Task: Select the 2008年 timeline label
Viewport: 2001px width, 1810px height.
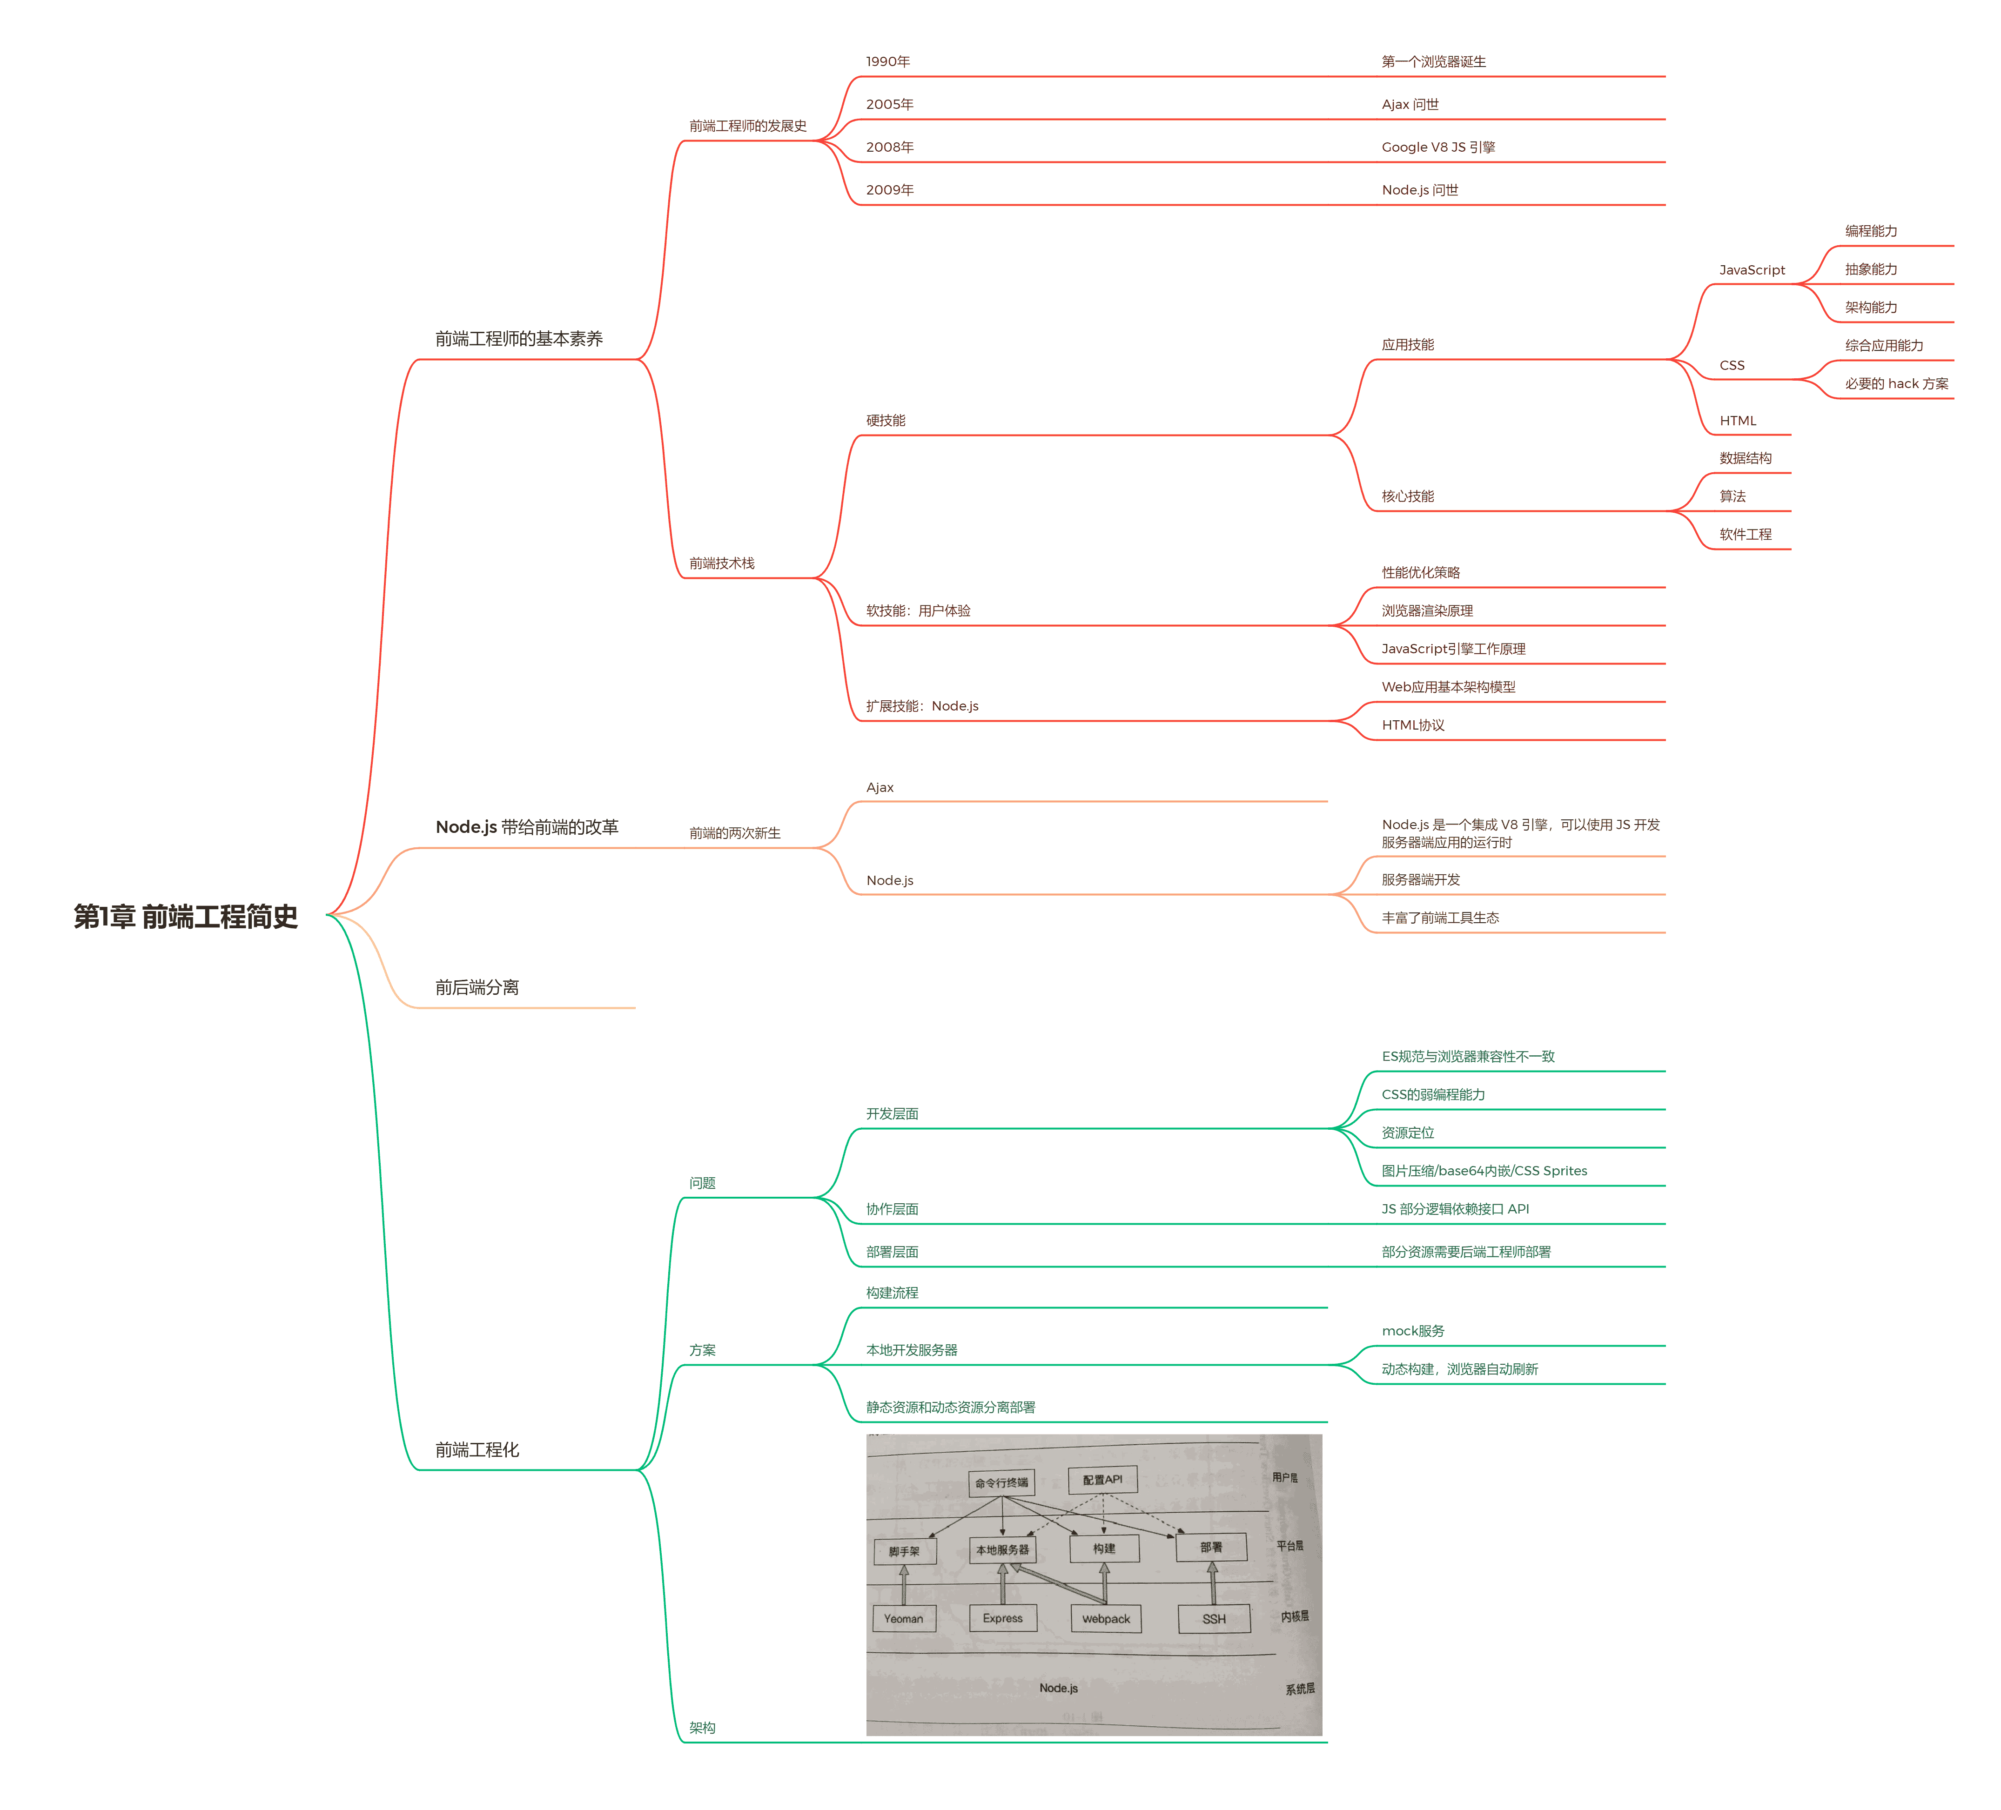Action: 889,147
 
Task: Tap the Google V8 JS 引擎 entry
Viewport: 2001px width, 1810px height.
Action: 1438,147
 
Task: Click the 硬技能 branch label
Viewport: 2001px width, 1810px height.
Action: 886,421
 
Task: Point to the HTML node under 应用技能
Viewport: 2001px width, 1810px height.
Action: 1738,421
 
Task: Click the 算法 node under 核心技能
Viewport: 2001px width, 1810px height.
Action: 1732,496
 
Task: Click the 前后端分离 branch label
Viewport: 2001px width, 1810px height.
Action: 477,987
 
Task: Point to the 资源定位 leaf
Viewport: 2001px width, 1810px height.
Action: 1408,1132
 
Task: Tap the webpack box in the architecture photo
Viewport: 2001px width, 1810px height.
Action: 1106,1618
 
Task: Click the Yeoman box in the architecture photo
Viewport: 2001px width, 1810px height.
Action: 903,1618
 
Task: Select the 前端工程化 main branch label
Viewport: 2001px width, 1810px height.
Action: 477,1450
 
